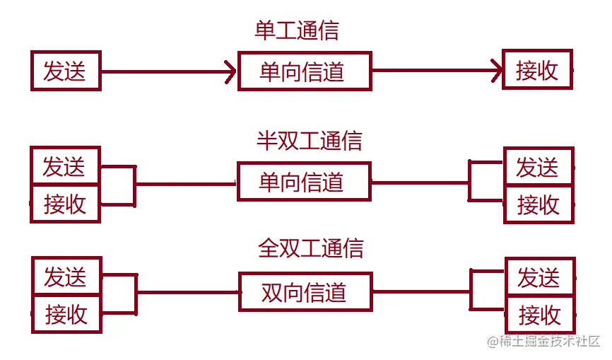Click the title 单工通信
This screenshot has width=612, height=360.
click(297, 30)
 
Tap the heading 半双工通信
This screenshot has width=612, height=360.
click(309, 140)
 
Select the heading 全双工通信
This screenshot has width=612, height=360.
click(311, 248)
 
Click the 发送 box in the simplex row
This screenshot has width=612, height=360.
click(65, 71)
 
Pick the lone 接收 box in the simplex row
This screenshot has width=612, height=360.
click(537, 69)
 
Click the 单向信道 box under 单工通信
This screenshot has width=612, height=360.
click(305, 71)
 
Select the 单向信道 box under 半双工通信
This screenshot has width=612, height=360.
click(303, 182)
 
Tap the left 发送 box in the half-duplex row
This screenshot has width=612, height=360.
click(65, 166)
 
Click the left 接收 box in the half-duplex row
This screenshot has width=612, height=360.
click(65, 204)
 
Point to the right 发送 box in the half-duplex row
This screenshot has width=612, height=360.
click(539, 167)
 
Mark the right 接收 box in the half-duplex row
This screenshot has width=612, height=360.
click(539, 205)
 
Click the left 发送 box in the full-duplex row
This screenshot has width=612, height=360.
click(66, 277)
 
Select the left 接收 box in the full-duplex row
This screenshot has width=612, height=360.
click(66, 314)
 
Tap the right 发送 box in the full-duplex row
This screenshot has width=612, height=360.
click(539, 277)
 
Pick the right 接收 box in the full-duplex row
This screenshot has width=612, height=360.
click(539, 315)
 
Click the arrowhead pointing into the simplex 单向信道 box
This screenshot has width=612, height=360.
click(230, 71)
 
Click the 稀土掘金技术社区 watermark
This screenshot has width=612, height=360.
click(543, 342)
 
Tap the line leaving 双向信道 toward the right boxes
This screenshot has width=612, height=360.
click(420, 291)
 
